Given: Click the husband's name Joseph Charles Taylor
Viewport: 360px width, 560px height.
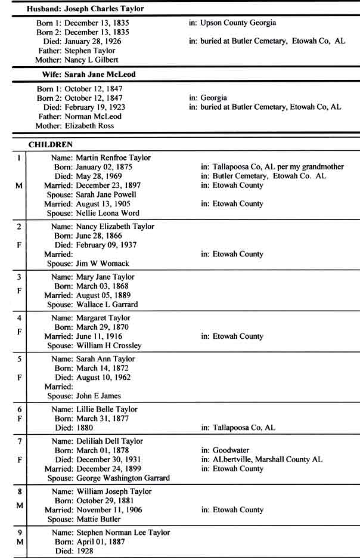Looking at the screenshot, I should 107,9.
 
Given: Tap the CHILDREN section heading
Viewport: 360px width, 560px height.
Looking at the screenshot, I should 51,144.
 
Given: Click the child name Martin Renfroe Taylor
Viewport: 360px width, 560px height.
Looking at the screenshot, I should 113,158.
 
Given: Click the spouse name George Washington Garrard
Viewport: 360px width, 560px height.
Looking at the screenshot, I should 123,478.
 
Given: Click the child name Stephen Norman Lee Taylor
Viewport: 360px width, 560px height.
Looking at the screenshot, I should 123,533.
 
